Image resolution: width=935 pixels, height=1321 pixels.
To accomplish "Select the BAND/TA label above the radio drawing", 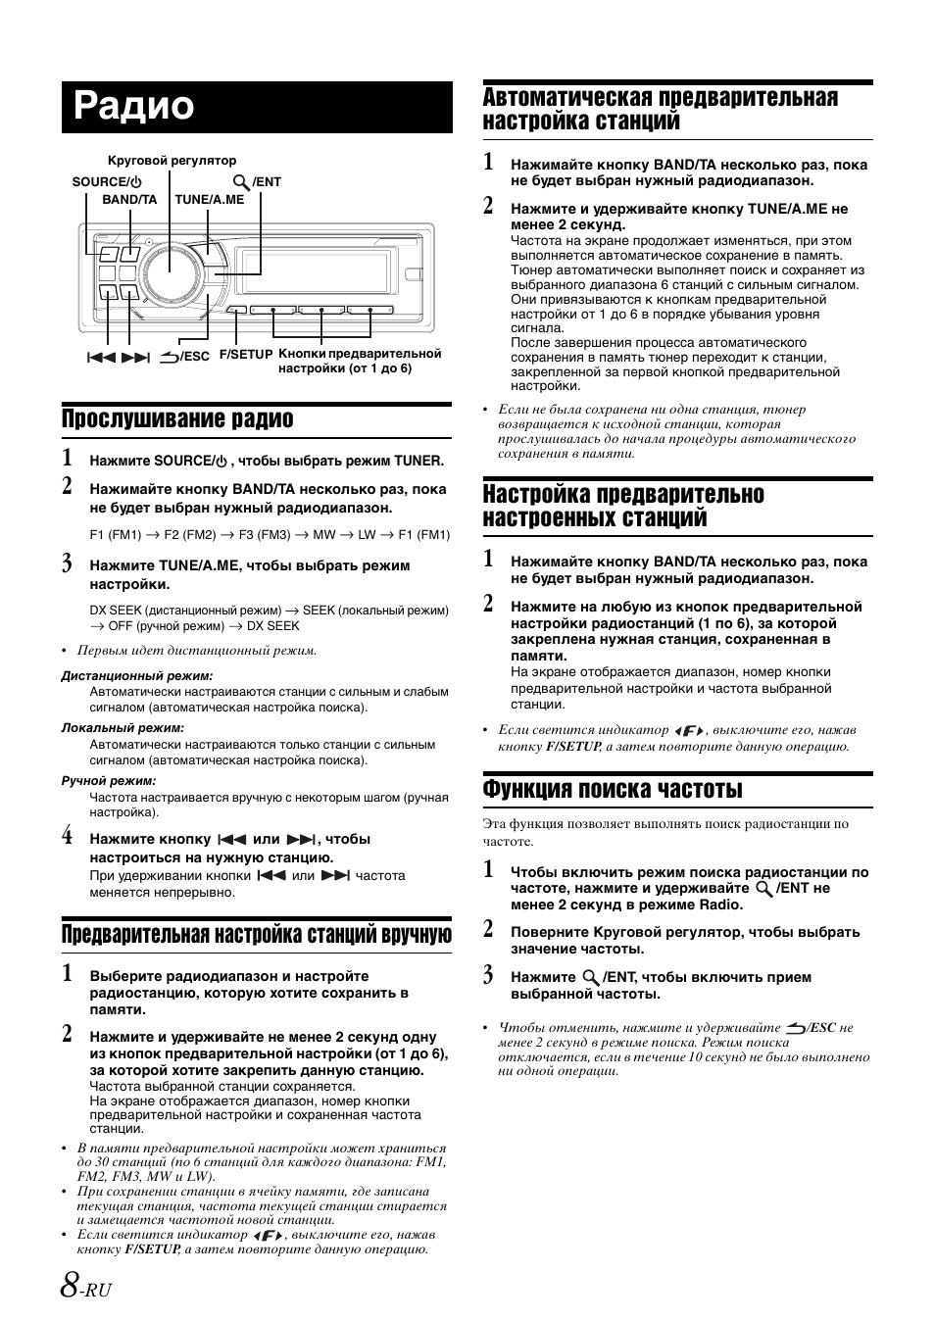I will pos(129,199).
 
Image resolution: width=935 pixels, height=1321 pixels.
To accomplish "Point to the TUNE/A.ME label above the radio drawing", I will pos(210,199).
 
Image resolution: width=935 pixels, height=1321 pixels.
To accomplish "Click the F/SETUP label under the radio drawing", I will pos(245,355).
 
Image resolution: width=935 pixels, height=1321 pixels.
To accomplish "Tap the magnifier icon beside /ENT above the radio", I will pos(240,182).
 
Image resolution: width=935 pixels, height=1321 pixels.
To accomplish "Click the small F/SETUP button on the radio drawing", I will pos(236,311).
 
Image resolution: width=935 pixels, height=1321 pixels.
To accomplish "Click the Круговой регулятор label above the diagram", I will pos(171,161).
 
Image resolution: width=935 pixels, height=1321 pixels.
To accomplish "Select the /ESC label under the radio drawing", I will pos(191,357).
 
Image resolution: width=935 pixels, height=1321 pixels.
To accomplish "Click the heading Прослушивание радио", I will pos(177,418).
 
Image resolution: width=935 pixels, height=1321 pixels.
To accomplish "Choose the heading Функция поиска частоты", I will pos(613,789).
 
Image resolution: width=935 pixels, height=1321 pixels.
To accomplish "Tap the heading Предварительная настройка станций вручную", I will pos(257,934).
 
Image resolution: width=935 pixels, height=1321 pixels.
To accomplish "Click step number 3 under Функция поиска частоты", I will pos(488,975).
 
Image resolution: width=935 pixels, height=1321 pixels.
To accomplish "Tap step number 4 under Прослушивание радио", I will pos(67,837).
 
